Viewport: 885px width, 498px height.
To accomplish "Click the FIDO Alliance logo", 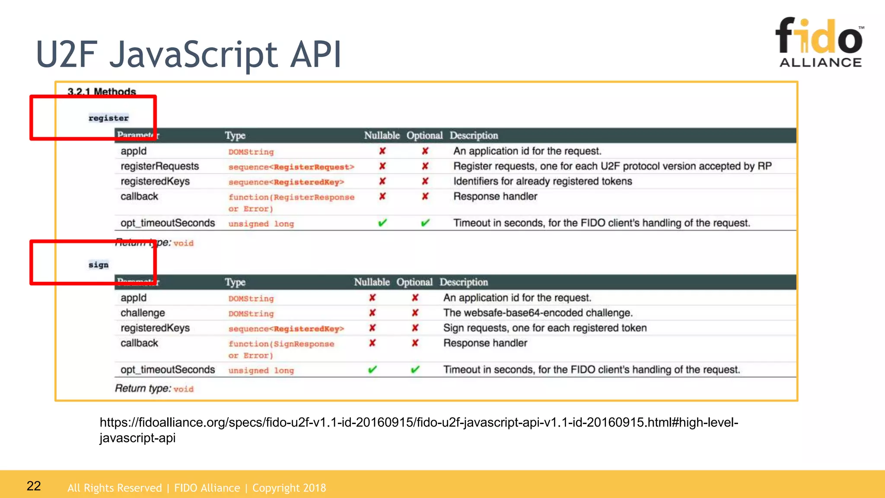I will coord(820,42).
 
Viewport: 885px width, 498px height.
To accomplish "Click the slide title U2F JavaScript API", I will coord(189,54).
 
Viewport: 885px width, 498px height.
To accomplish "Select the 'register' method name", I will coord(108,118).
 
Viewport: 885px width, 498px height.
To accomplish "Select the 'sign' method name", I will coord(99,265).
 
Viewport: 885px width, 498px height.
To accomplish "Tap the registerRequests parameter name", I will coord(159,166).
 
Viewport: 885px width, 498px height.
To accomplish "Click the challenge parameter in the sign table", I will coord(143,313).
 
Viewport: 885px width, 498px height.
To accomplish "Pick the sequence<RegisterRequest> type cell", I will coord(291,167).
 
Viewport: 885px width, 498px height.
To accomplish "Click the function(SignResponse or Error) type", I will coord(281,349).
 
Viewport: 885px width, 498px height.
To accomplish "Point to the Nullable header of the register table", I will coord(382,136).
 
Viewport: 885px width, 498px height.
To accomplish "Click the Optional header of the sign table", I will coord(414,282).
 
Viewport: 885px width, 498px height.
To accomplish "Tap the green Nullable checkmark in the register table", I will coord(382,223).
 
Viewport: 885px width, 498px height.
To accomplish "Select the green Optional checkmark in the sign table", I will coord(415,370).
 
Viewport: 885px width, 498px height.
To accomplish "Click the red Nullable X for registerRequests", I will coord(382,166).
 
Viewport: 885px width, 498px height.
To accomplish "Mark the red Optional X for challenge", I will coord(415,313).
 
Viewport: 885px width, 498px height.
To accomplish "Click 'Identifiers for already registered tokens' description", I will coord(542,182).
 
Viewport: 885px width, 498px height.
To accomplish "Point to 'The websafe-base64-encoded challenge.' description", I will coord(538,313).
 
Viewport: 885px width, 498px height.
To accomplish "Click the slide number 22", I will coord(34,486).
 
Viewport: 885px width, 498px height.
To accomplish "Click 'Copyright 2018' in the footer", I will coord(289,488).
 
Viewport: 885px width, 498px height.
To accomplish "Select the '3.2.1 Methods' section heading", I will coord(102,92).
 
